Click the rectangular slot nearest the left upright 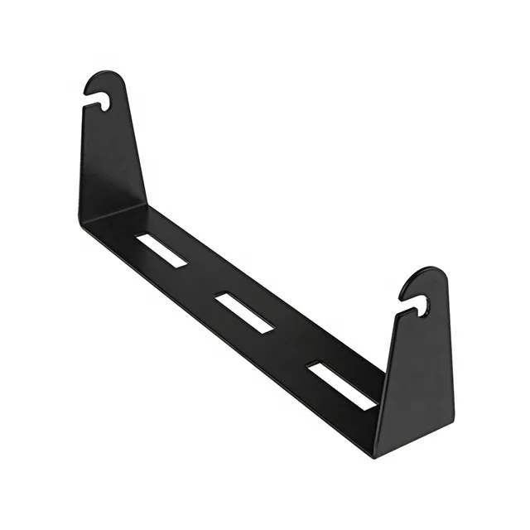pyautogui.click(x=161, y=250)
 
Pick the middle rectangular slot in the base pyautogui.click(x=244, y=312)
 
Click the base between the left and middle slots pyautogui.click(x=203, y=282)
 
